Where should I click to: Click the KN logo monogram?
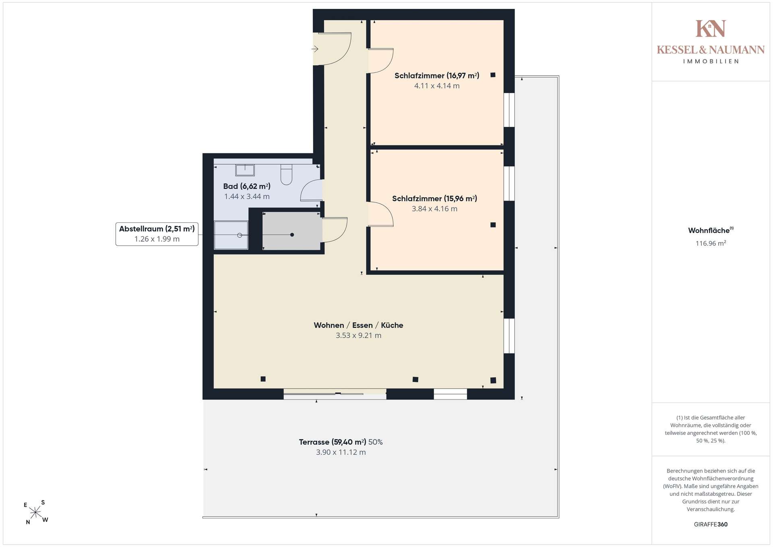(711, 28)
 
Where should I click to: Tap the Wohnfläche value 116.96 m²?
(711, 243)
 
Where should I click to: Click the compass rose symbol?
(36, 512)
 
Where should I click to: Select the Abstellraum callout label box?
(157, 234)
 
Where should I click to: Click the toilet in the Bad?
(286, 174)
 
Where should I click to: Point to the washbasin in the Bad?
(245, 170)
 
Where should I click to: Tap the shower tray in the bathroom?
(231, 235)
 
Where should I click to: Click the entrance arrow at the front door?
(315, 49)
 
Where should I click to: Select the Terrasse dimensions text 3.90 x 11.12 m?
(341, 452)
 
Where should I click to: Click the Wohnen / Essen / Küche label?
(358, 325)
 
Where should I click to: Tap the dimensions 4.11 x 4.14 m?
(437, 86)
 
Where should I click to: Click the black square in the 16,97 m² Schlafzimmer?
(493, 75)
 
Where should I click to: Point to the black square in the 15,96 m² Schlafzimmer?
(493, 225)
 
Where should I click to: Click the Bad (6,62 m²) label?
(247, 186)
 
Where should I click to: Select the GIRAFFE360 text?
(711, 524)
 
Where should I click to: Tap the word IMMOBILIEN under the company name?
(711, 61)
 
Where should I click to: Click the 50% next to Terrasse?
(376, 442)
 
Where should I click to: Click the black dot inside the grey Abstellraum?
(292, 235)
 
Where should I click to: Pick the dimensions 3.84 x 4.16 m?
(434, 209)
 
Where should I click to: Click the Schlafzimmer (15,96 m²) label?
(434, 199)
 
